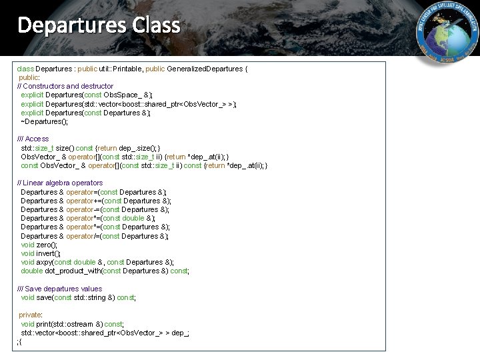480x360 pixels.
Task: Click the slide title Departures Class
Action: point(99,25)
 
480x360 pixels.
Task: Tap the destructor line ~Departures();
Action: point(45,121)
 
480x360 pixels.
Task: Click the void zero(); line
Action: point(39,245)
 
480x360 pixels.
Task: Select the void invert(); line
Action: point(41,253)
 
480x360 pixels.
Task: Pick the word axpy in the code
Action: point(44,262)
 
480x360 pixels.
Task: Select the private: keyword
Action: point(31,315)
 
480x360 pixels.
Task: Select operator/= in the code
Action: point(81,236)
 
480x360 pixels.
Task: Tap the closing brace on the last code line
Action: point(21,341)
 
